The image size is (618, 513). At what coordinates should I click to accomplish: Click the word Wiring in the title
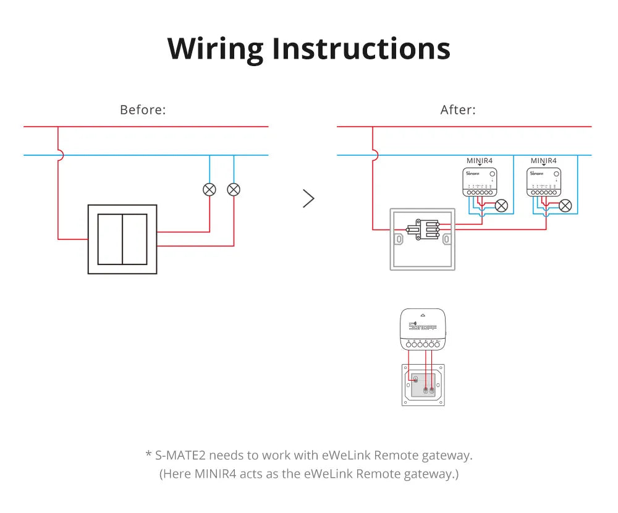(x=214, y=48)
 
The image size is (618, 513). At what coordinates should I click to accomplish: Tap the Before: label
(x=143, y=110)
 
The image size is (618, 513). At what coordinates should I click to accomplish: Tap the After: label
(x=458, y=110)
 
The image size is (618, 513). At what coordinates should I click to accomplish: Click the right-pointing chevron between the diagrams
(x=308, y=198)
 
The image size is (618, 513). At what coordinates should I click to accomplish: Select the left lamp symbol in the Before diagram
(x=210, y=189)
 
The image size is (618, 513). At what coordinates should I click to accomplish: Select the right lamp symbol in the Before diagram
(x=234, y=189)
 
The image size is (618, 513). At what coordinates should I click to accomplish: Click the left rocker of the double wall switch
(x=110, y=239)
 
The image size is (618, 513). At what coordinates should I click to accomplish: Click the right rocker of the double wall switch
(x=135, y=239)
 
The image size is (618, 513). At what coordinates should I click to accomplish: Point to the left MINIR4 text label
(x=480, y=161)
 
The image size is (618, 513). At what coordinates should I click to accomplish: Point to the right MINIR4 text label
(x=543, y=161)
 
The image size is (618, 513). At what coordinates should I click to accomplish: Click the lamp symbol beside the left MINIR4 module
(x=502, y=205)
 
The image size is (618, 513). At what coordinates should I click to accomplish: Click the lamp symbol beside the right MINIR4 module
(x=565, y=205)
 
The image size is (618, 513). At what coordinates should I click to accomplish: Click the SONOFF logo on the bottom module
(x=423, y=326)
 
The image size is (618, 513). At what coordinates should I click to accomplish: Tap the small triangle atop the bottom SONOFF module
(x=423, y=315)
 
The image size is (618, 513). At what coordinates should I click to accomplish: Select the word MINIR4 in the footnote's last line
(x=216, y=474)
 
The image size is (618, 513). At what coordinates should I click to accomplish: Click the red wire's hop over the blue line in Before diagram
(x=59, y=155)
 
